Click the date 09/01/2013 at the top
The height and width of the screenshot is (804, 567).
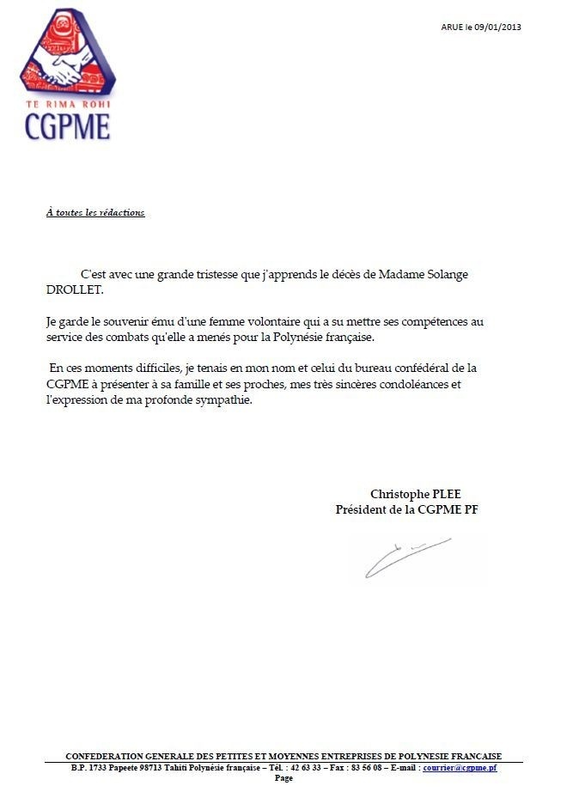pos(499,27)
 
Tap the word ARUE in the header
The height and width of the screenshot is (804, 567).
pos(452,27)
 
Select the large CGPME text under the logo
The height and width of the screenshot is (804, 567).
pos(67,125)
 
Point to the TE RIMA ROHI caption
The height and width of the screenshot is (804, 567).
pos(67,104)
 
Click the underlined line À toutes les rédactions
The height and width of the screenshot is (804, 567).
pos(95,212)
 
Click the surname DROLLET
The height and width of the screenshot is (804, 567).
pos(73,289)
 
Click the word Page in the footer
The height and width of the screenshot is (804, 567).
pos(283,778)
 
